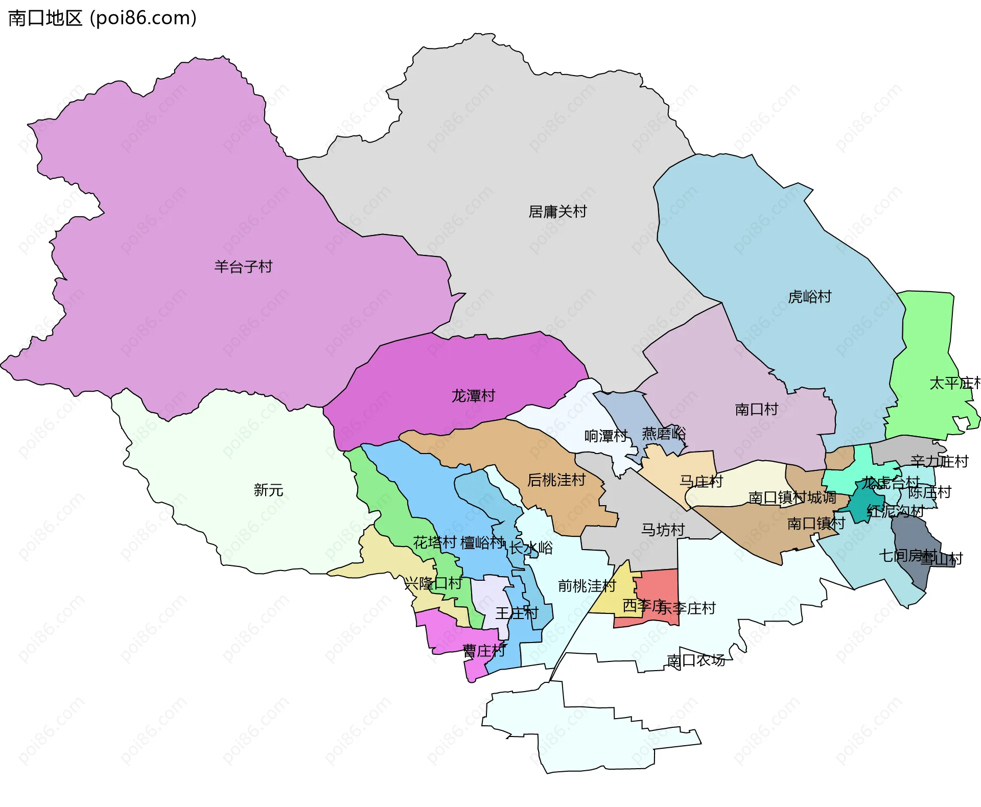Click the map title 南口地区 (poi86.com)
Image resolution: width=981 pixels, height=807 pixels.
[x=102, y=18]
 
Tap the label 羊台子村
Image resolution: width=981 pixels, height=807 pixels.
[x=243, y=267]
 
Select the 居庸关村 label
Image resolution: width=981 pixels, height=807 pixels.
[x=557, y=211]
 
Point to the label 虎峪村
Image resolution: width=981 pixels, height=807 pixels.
[x=809, y=297]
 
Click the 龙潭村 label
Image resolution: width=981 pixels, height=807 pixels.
[x=473, y=396]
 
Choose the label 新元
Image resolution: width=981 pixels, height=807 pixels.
[x=268, y=490]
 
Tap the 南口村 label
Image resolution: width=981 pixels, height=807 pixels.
[x=756, y=410]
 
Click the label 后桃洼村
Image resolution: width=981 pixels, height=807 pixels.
[x=556, y=480]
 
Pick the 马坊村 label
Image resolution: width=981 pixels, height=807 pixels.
[x=663, y=530]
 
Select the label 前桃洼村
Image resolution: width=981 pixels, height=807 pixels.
[x=587, y=586]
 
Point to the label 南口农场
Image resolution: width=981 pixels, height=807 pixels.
[x=696, y=661]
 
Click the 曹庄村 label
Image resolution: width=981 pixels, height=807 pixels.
[x=484, y=651]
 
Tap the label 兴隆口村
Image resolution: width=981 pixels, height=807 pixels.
[x=433, y=583]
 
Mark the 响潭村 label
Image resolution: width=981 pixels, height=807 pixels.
[x=605, y=436]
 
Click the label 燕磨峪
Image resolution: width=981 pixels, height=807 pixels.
[x=664, y=434]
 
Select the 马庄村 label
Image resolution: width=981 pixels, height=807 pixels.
[x=701, y=481]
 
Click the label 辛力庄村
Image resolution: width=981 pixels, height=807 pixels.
[x=939, y=462]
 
